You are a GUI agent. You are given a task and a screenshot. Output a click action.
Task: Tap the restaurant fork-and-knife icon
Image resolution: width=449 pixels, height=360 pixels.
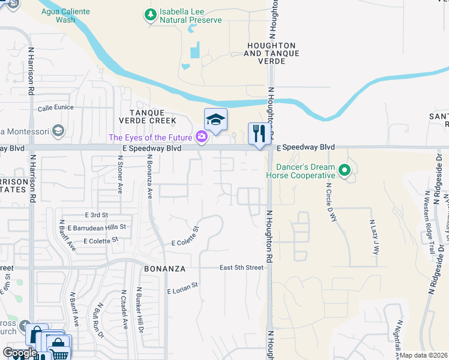point(259,133)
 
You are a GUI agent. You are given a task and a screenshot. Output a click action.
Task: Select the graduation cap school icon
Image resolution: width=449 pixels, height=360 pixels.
point(215,119)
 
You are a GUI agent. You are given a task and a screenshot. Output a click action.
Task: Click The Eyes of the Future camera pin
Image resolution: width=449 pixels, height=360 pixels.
point(202,137)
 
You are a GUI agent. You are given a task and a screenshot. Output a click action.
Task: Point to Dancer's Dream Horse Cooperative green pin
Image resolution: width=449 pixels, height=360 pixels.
point(345,170)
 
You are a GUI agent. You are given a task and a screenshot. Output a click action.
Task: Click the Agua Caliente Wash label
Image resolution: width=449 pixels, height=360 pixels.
point(65,15)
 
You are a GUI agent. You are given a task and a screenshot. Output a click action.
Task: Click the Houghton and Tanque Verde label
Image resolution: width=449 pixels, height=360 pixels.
point(270,53)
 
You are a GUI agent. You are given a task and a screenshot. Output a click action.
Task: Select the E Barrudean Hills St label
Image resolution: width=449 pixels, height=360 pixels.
point(97,227)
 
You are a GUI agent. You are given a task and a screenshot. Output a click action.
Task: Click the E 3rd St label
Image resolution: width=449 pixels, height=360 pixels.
point(96,215)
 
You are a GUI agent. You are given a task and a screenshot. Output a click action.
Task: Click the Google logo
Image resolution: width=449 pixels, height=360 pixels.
point(20,352)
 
